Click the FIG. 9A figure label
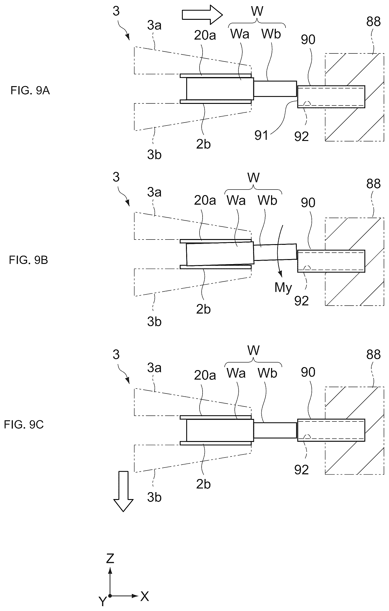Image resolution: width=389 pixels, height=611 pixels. pos(30,91)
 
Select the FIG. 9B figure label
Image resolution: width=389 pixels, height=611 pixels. pos(28,260)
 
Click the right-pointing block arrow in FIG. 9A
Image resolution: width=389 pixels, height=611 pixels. pos(202,15)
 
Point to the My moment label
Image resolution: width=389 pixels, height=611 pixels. pos(283,287)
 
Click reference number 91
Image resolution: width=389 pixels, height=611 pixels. pos(261,135)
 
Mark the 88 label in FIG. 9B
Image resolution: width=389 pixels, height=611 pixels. pos(373,184)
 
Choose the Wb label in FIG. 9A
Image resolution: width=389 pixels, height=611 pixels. pos(271,34)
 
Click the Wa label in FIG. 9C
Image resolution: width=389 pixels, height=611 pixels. pos(236,373)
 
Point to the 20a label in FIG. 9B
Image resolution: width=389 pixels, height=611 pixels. pos(205,200)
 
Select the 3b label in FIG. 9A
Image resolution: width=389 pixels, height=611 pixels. pos(154,155)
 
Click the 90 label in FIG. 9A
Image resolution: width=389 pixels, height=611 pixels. pos(308,40)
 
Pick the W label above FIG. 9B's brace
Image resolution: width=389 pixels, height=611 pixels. pos(254,178)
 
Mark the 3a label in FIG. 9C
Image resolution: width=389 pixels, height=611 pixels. pos(154,368)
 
